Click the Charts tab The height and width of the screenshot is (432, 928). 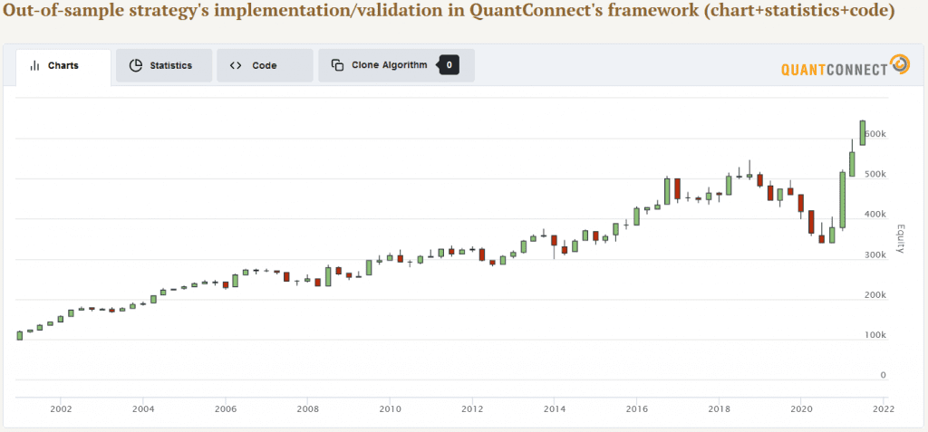point(63,66)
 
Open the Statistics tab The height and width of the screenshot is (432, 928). point(164,66)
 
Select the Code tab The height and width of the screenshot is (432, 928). point(265,66)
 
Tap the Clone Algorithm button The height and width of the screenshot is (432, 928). point(379,65)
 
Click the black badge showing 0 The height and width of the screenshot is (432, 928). point(449,65)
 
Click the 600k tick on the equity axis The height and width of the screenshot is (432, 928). point(875,134)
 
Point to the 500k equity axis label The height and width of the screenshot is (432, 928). point(875,175)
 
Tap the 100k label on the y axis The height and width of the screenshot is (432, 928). point(875,335)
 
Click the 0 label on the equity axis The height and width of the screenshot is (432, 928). point(883,375)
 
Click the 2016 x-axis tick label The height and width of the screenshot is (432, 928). point(636,408)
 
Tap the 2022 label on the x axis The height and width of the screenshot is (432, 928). point(883,408)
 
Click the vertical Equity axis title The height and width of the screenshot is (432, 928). point(901,238)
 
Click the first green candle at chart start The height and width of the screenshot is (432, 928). point(20,335)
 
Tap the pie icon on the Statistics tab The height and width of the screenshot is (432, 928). point(136,66)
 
